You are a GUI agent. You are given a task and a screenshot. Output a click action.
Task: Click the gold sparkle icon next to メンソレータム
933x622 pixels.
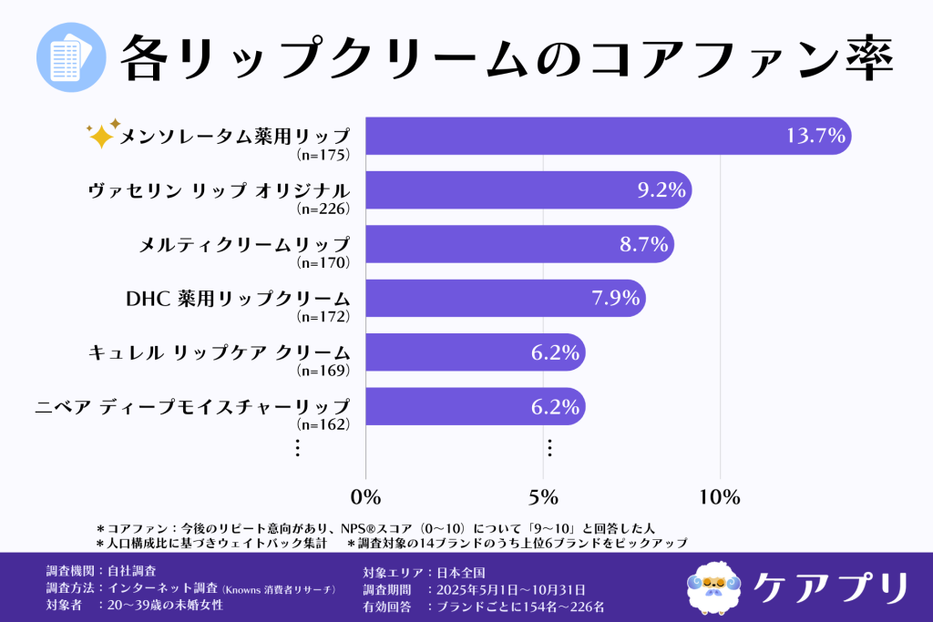tap(102, 135)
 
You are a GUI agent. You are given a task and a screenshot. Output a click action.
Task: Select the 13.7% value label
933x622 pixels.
tap(816, 137)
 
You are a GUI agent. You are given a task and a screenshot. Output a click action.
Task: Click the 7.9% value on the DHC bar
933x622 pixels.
tap(613, 299)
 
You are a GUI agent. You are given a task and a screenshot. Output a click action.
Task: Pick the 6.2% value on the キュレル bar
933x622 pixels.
tap(556, 352)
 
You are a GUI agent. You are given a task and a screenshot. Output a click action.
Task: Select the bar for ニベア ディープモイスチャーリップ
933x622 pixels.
tap(474, 406)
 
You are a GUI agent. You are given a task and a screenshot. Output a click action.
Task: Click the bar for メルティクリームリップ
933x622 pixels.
tap(519, 245)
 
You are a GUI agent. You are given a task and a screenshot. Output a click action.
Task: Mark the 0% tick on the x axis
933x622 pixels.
tap(365, 496)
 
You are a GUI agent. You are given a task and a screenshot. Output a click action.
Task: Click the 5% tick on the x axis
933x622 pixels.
tap(543, 496)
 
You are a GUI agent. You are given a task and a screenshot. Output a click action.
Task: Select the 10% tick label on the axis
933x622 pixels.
tap(720, 496)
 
